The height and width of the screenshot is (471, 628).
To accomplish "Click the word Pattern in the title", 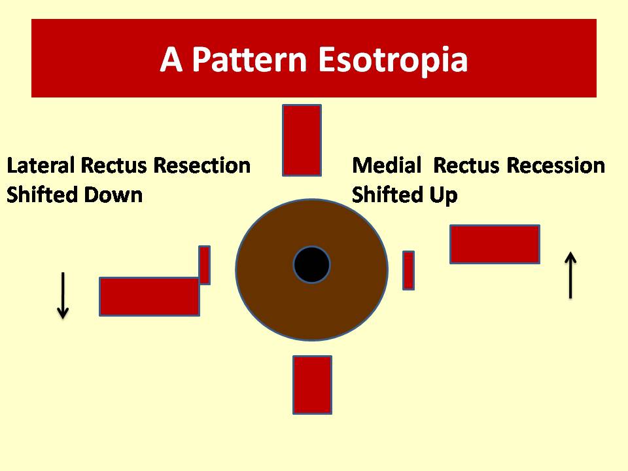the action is point(249,60).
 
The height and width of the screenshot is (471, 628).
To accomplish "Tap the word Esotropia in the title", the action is point(393,60).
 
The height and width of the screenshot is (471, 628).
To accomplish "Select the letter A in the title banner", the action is point(171,60).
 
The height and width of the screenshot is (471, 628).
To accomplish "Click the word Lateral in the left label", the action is point(41,166).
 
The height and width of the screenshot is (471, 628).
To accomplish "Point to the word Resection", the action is point(202,166).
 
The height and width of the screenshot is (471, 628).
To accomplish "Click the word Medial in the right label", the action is point(387,165).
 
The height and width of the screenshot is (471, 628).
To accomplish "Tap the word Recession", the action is point(556,165).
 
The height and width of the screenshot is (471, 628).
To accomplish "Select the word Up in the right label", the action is point(444,196).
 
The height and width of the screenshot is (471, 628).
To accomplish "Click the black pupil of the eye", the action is point(311,265).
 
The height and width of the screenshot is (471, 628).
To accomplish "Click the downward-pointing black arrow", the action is point(63,296).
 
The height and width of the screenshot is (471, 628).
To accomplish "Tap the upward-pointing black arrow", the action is point(570,275).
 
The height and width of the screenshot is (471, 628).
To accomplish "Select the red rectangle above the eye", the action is point(302,140).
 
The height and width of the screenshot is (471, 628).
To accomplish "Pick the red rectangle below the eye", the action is point(313,385).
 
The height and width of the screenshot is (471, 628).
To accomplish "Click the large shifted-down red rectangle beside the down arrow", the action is point(149,296).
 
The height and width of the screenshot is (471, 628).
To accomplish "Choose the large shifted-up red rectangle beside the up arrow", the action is point(495,244).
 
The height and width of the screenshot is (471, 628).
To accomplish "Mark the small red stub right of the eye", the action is point(408,270).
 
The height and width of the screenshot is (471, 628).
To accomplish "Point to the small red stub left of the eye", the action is point(204,265).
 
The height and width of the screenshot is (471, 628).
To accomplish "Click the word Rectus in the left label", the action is point(114,166).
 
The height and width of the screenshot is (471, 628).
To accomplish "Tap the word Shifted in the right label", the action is point(388,195).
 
